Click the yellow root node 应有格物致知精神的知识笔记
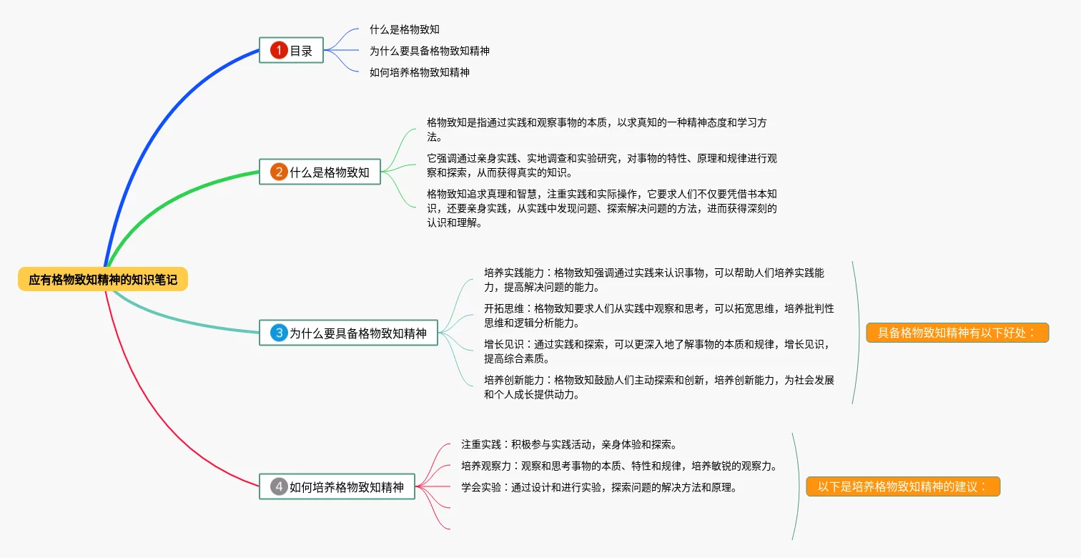[103, 280]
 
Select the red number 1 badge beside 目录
[278, 50]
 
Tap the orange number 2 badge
[278, 172]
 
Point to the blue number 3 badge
[278, 333]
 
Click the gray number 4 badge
[278, 486]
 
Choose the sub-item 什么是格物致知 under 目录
[404, 29]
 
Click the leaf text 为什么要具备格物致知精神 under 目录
[429, 51]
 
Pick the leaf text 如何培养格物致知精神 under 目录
[419, 72]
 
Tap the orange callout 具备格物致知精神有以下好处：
[957, 333]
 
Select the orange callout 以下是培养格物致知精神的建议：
[902, 486]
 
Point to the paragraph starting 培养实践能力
[653, 280]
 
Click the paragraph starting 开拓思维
[658, 315]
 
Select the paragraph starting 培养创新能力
[658, 387]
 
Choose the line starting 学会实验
[598, 487]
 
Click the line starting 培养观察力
[618, 466]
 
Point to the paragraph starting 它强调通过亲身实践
[601, 165]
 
